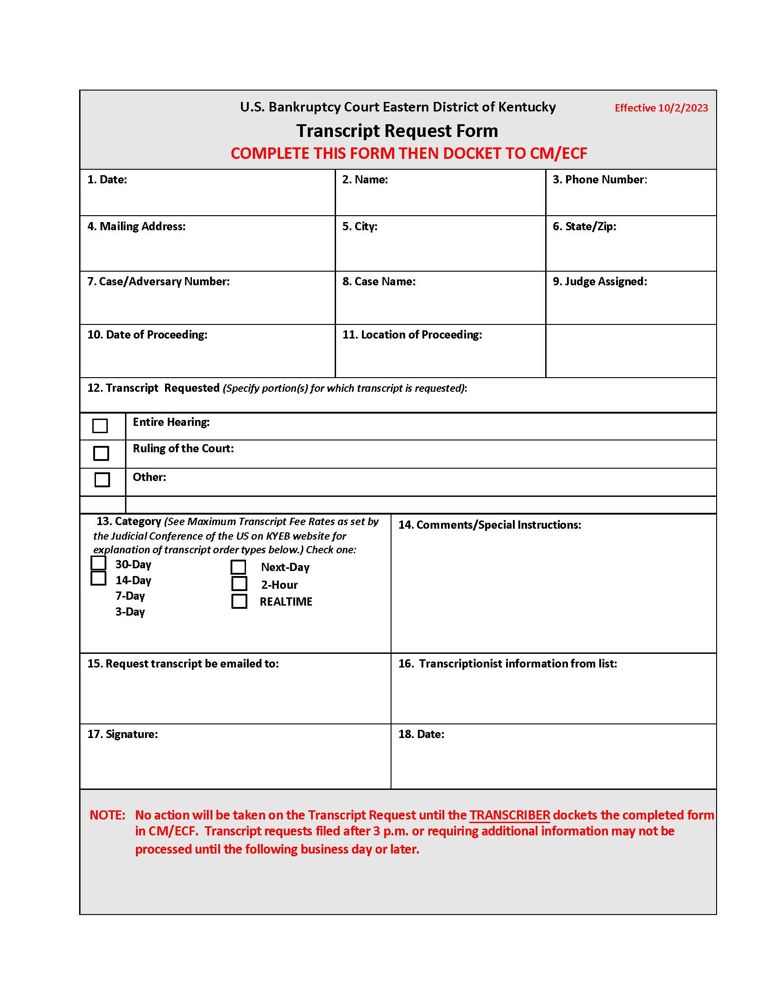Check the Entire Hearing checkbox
100,425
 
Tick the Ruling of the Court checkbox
101,453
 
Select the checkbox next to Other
102,480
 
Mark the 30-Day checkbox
99,562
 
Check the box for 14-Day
99,578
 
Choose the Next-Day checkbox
238,567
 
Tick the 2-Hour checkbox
239,583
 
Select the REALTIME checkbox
239,601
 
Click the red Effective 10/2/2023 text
661,108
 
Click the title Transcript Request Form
397,131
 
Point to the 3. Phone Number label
599,179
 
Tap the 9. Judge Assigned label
599,281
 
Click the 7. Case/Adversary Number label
158,281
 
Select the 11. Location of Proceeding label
412,334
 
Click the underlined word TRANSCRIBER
509,814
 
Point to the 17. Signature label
122,734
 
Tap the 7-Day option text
130,596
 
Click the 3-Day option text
130,612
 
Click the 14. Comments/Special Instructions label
489,524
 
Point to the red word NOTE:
107,814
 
